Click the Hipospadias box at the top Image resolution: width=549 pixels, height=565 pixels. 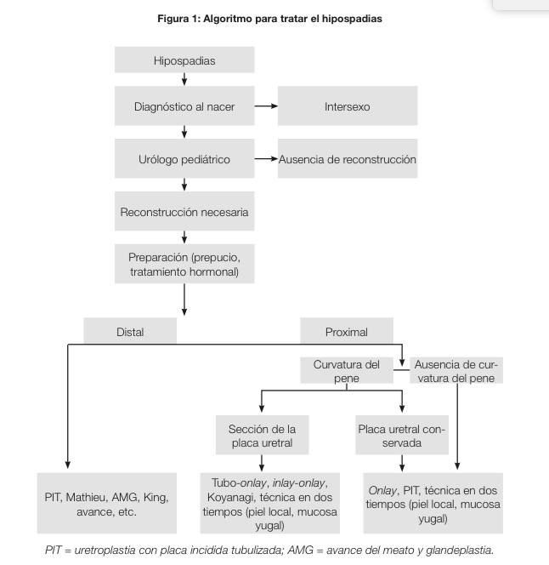184,60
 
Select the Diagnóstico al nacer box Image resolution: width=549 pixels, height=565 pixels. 184,107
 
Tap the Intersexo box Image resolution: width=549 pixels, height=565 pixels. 347,107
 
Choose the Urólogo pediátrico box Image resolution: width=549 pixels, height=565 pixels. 184,159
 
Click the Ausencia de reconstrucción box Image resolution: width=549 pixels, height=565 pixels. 348,159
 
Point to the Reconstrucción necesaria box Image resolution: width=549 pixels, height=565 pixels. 184,212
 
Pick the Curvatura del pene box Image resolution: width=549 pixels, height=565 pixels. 346,370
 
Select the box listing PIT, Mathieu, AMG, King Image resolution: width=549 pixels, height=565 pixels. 106,504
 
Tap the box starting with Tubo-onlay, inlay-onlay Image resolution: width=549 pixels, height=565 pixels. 267,504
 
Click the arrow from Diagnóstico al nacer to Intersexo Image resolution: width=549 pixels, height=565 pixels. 266,107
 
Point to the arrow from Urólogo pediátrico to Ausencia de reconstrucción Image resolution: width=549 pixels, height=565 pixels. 266,159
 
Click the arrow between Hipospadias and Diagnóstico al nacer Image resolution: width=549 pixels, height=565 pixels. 184,80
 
